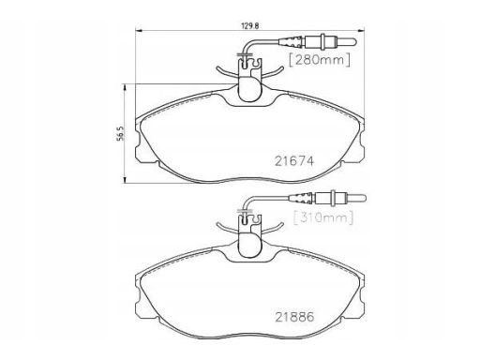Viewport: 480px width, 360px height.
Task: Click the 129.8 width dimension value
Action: (250, 26)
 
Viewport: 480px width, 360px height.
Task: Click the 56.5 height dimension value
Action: (121, 133)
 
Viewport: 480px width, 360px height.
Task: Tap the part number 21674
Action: (294, 161)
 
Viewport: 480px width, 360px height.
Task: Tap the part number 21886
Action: (294, 317)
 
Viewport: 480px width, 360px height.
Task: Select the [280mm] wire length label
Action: (320, 60)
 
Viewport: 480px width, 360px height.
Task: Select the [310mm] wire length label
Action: (323, 217)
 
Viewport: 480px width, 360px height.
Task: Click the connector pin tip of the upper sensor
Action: (354, 41)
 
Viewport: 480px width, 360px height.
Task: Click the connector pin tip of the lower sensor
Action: (364, 198)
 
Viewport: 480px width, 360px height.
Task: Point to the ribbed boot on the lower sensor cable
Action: (301, 198)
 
